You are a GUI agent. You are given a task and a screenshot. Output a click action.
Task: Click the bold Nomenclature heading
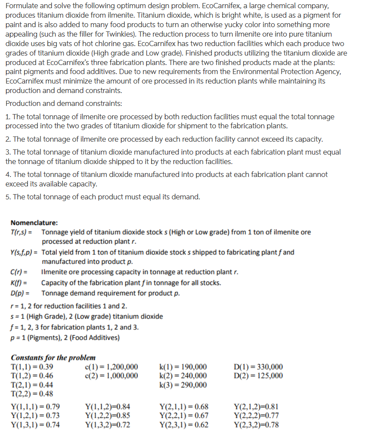click(34, 223)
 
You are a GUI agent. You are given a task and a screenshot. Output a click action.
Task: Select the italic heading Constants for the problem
click(53, 358)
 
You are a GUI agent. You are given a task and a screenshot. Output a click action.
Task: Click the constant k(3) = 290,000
click(183, 384)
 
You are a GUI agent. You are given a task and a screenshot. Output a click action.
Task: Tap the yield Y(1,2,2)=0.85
click(108, 416)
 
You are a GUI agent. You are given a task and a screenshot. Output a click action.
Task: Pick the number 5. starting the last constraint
click(8, 197)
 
